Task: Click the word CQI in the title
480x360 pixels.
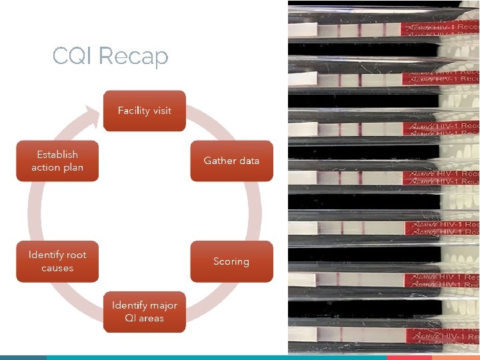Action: (72, 56)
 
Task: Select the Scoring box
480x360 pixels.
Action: (231, 261)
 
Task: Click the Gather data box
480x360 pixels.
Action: (231, 161)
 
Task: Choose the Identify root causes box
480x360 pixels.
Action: (57, 261)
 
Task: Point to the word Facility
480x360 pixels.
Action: (132, 111)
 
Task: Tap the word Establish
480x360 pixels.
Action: (57, 155)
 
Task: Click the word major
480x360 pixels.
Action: (163, 305)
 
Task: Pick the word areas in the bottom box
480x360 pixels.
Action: (151, 318)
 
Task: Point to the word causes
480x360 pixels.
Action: (57, 268)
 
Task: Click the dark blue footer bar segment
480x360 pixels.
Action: (23, 357)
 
